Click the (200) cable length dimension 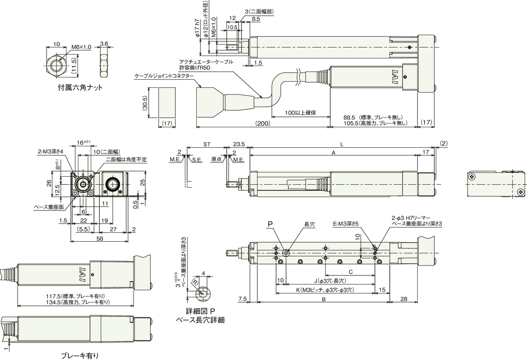[262, 123]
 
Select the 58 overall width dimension [99, 238]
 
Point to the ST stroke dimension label [207, 144]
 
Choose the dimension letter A [334, 152]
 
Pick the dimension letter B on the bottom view [323, 299]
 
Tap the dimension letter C [350, 271]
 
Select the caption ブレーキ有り [80, 355]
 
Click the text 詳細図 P [201, 311]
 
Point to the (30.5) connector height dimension [145, 103]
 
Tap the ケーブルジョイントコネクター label [164, 76]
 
